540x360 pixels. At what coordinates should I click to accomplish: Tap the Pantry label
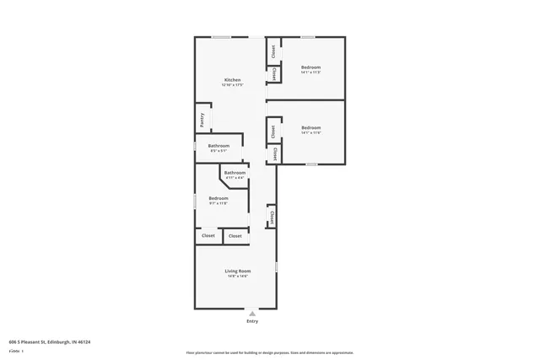tap(202, 120)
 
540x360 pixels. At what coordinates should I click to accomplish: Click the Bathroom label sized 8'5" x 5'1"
tap(219, 146)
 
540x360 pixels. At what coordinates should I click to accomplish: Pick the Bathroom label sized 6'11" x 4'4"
tap(235, 173)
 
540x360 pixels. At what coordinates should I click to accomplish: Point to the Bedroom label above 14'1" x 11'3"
tap(310, 67)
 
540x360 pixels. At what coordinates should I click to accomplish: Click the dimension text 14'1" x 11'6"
tap(310, 132)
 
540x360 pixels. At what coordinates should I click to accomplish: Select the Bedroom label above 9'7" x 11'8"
tap(218, 198)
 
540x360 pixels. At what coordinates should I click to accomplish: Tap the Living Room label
tap(236, 271)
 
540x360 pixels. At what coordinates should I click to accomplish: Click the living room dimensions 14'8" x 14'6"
tap(236, 277)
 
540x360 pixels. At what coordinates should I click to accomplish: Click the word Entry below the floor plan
tap(252, 321)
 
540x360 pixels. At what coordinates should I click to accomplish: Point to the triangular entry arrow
tap(251, 313)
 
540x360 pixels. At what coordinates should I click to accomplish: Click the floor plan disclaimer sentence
tap(269, 352)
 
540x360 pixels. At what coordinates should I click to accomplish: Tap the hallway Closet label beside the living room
tap(272, 217)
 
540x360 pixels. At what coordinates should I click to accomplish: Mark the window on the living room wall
tap(276, 267)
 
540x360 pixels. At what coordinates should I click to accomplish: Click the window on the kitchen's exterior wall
tap(221, 37)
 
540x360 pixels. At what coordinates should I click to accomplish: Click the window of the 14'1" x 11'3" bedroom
tap(309, 37)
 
